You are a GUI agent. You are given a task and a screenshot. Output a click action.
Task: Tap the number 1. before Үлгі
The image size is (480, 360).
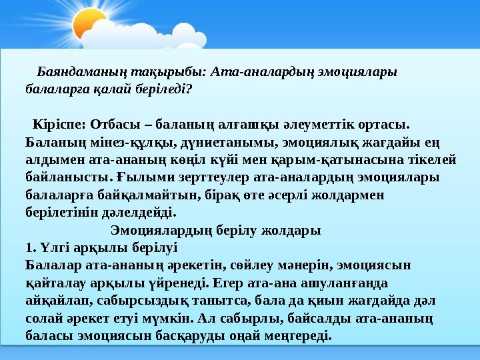click(29, 247)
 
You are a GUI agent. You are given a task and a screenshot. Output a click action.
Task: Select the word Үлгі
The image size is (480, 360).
click(52, 247)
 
